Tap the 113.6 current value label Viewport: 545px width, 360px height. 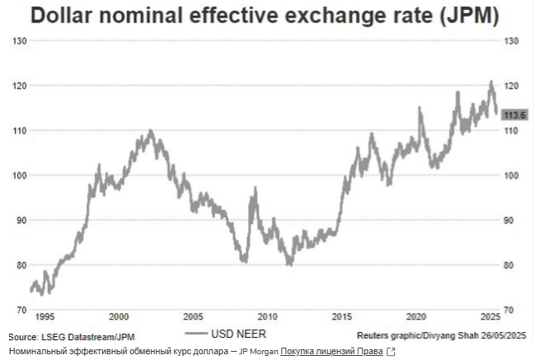pyautogui.click(x=515, y=115)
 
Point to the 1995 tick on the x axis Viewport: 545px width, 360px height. pyautogui.click(x=45, y=317)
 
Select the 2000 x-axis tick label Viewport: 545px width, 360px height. pyautogui.click(x=119, y=317)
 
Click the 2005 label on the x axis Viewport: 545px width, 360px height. pyautogui.click(x=193, y=317)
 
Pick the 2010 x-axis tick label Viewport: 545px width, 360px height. pyautogui.click(x=267, y=317)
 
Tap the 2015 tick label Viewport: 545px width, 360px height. pyautogui.click(x=341, y=317)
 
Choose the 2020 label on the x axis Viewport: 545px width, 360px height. pyautogui.click(x=416, y=317)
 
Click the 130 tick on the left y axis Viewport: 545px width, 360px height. pyautogui.click(x=18, y=41)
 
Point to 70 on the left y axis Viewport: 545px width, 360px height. pyautogui.click(x=21, y=310)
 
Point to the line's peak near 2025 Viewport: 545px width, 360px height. pyautogui.click(x=491, y=82)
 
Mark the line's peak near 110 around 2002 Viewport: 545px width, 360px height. pyautogui.click(x=150, y=130)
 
